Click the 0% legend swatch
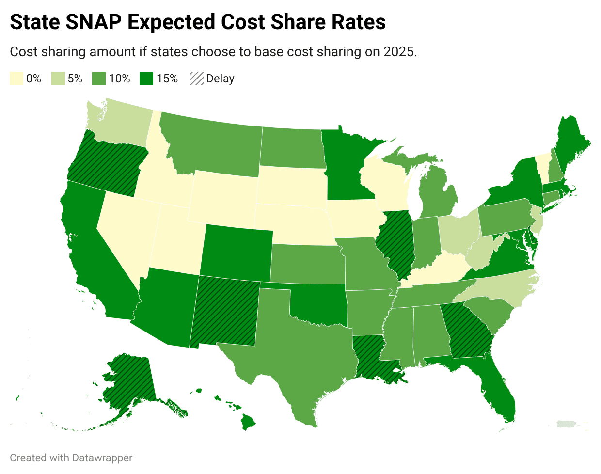pyautogui.click(x=16, y=79)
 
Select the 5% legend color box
pyautogui.click(x=58, y=79)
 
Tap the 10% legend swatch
pyautogui.click(x=99, y=79)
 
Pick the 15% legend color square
pyautogui.click(x=146, y=79)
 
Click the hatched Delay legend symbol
pyautogui.click(x=197, y=79)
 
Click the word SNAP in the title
pyautogui.click(x=94, y=22)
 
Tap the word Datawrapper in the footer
pyautogui.click(x=102, y=458)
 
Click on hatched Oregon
pyautogui.click(x=108, y=163)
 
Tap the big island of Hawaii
pyautogui.click(x=248, y=422)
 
